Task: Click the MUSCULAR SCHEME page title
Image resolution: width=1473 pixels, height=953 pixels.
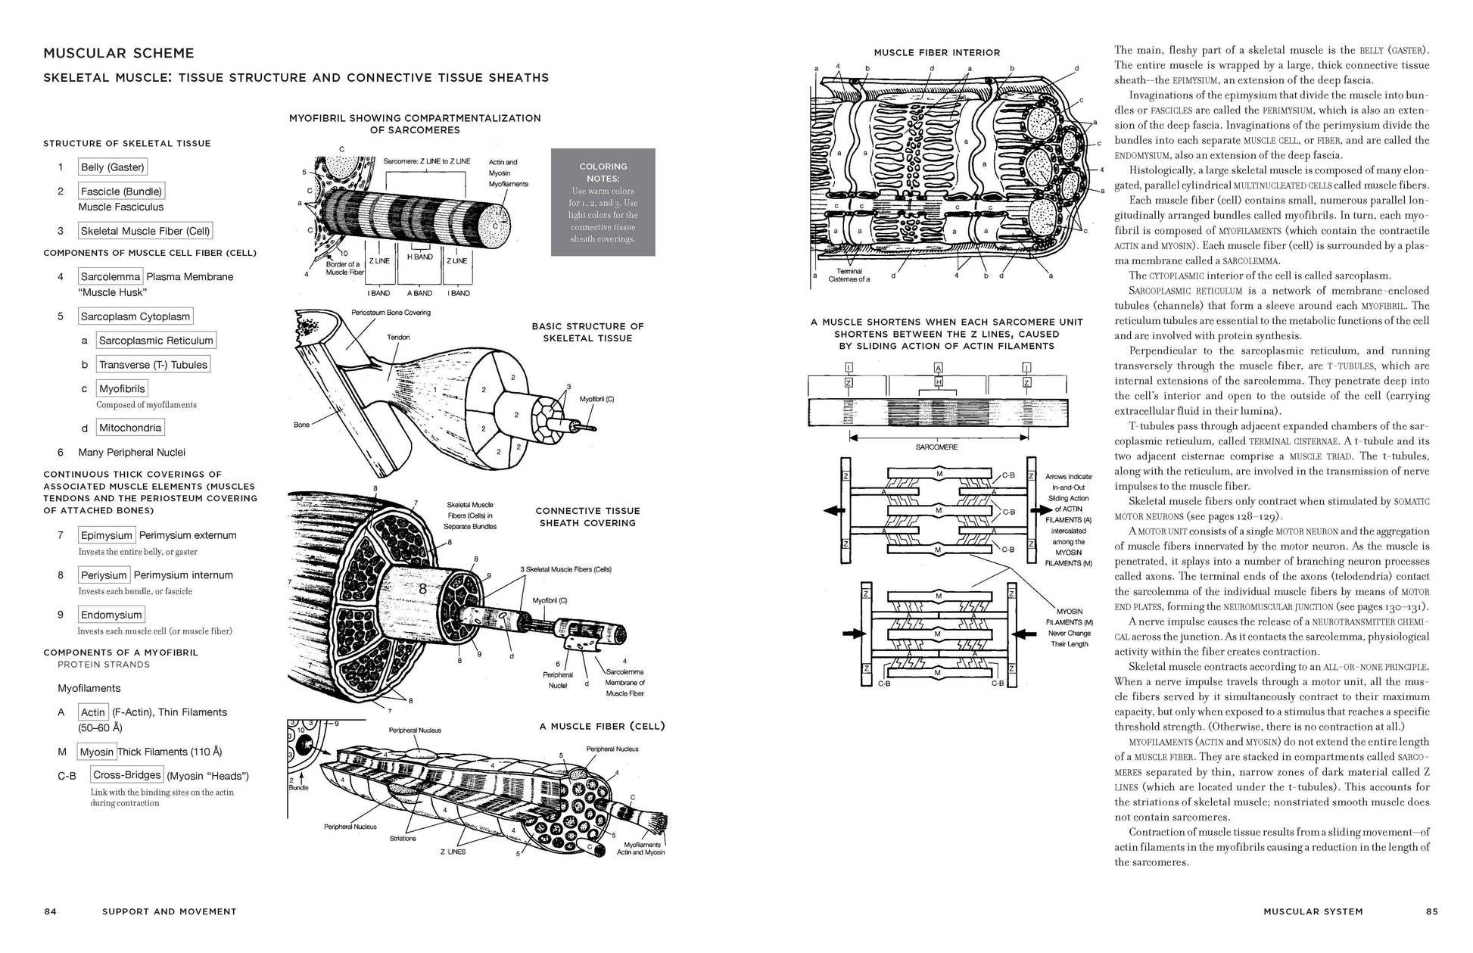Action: pos(119,53)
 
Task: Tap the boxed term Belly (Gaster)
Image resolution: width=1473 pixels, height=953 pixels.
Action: pos(112,167)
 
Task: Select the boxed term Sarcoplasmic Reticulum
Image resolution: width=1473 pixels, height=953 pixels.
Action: pos(156,341)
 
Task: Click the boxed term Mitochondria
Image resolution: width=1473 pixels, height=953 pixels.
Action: pos(130,428)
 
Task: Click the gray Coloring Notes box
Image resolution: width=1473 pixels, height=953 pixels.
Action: pos(603,202)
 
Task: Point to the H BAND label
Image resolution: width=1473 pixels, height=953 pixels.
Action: pos(420,257)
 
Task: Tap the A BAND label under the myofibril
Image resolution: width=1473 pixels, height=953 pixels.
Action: pos(419,293)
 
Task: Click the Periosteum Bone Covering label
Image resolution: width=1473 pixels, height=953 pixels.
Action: pos(391,313)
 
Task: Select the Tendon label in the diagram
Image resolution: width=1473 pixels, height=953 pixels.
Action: pos(398,338)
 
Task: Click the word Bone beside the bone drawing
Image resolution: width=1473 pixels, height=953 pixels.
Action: pos(301,425)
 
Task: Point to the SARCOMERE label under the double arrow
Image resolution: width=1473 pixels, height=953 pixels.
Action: pos(936,447)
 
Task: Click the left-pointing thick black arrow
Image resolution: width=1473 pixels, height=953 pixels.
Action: pos(834,511)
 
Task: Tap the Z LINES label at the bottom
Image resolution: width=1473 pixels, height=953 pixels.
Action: pos(453,852)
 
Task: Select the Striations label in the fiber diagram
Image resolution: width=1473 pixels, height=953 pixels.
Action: pos(403,838)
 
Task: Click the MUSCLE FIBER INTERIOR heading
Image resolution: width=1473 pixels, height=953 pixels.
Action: pos(936,53)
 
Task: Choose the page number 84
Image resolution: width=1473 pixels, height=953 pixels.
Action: pos(50,911)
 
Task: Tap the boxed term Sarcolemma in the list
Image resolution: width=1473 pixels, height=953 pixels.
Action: pos(111,277)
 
